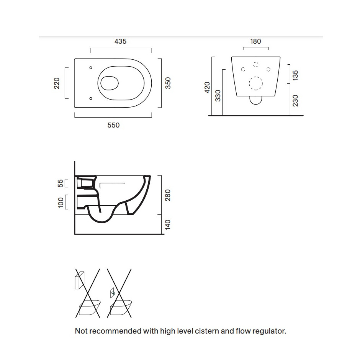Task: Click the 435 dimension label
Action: pyautogui.click(x=120, y=41)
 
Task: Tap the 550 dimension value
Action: pyautogui.click(x=113, y=125)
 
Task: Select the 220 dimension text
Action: pyautogui.click(x=56, y=83)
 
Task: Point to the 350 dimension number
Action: pyautogui.click(x=168, y=83)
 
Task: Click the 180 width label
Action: pyautogui.click(x=255, y=41)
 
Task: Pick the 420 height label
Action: pyautogui.click(x=207, y=87)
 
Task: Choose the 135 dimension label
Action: pyautogui.click(x=295, y=75)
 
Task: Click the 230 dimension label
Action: pyautogui.click(x=295, y=101)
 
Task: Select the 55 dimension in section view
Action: pyautogui.click(x=60, y=183)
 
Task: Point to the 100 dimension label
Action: pyautogui.click(x=61, y=203)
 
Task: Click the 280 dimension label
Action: pyautogui.click(x=168, y=195)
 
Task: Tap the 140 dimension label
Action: pyautogui.click(x=168, y=224)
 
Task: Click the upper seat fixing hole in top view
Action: pyautogui.click(x=91, y=68)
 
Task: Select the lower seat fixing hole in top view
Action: pyautogui.click(x=91, y=98)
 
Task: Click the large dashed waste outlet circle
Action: pyautogui.click(x=256, y=83)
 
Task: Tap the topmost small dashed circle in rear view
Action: pyautogui.click(x=256, y=64)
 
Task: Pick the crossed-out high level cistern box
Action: pyautogui.click(x=79, y=280)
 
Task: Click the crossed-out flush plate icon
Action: pyautogui.click(x=113, y=293)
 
